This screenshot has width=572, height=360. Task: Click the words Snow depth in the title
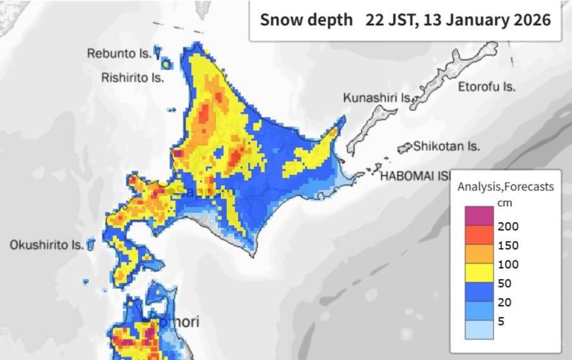pyautogui.click(x=306, y=20)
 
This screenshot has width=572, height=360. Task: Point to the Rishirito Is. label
pyautogui.click(x=131, y=78)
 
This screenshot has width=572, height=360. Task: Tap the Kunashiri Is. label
pyautogui.click(x=377, y=98)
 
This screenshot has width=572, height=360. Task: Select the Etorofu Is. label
pyautogui.click(x=487, y=87)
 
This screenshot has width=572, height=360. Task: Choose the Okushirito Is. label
pyautogui.click(x=46, y=245)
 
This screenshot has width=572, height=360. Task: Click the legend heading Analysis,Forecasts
pyautogui.click(x=506, y=187)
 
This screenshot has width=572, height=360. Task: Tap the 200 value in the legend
pyautogui.click(x=508, y=227)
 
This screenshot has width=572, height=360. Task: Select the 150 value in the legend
pyautogui.click(x=508, y=246)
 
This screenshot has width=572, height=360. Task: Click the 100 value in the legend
pyautogui.click(x=508, y=265)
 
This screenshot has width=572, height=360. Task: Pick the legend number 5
pyautogui.click(x=502, y=322)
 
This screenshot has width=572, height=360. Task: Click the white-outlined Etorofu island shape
pyautogui.click(x=460, y=72)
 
